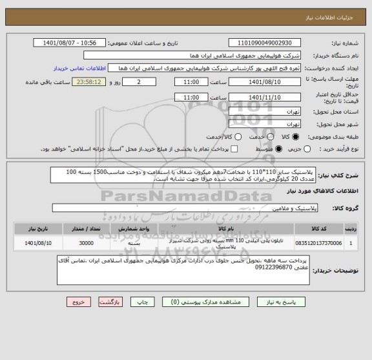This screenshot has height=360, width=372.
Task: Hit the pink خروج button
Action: (x=76, y=301)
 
